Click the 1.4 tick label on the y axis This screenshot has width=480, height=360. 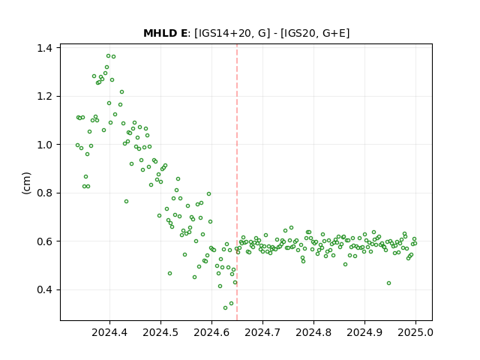(44, 48)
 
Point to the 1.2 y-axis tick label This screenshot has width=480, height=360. (44, 97)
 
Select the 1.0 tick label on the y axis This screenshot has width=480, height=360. (44, 145)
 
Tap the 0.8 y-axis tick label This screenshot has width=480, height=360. (44, 193)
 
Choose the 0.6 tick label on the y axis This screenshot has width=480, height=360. (44, 241)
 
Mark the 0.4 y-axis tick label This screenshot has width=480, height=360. (44, 289)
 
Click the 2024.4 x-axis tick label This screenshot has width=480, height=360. (109, 332)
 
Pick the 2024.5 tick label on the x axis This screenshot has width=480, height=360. (160, 332)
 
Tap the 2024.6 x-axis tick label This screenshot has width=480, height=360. (211, 332)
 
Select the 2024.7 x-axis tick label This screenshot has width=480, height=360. (262, 332)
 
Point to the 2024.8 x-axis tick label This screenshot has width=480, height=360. (313, 332)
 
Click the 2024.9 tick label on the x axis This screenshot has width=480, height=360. (364, 332)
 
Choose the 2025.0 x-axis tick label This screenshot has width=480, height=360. (415, 332)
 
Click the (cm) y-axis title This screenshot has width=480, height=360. (26, 183)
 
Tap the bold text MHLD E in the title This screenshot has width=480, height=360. (165, 33)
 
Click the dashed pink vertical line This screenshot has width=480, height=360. (237, 182)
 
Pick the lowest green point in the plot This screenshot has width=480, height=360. (225, 307)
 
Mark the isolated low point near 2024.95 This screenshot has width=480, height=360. (388, 283)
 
